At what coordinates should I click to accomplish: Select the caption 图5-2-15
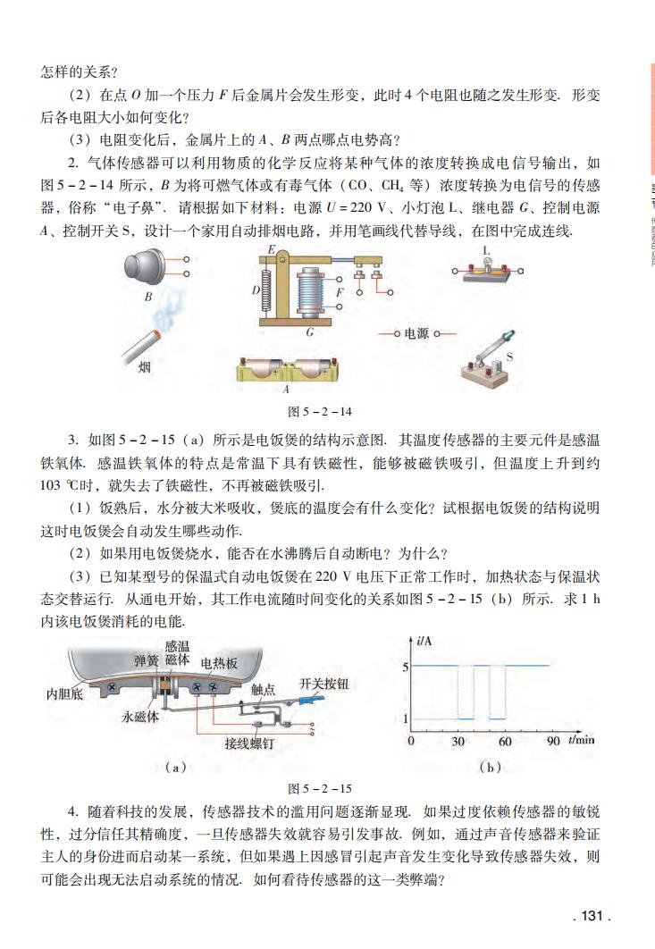(319, 789)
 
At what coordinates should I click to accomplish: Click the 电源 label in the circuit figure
(416, 333)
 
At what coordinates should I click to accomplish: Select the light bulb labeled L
(488, 268)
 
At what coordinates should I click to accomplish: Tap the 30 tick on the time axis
(458, 741)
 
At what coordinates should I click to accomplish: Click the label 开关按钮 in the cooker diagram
(323, 684)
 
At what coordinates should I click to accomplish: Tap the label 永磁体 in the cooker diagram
(141, 717)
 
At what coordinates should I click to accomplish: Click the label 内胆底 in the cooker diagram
(65, 693)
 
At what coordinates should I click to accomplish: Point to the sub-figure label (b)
(490, 766)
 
